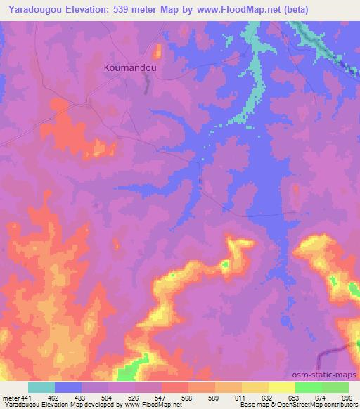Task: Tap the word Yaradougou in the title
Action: (29, 8)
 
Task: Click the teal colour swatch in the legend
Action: (41, 387)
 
